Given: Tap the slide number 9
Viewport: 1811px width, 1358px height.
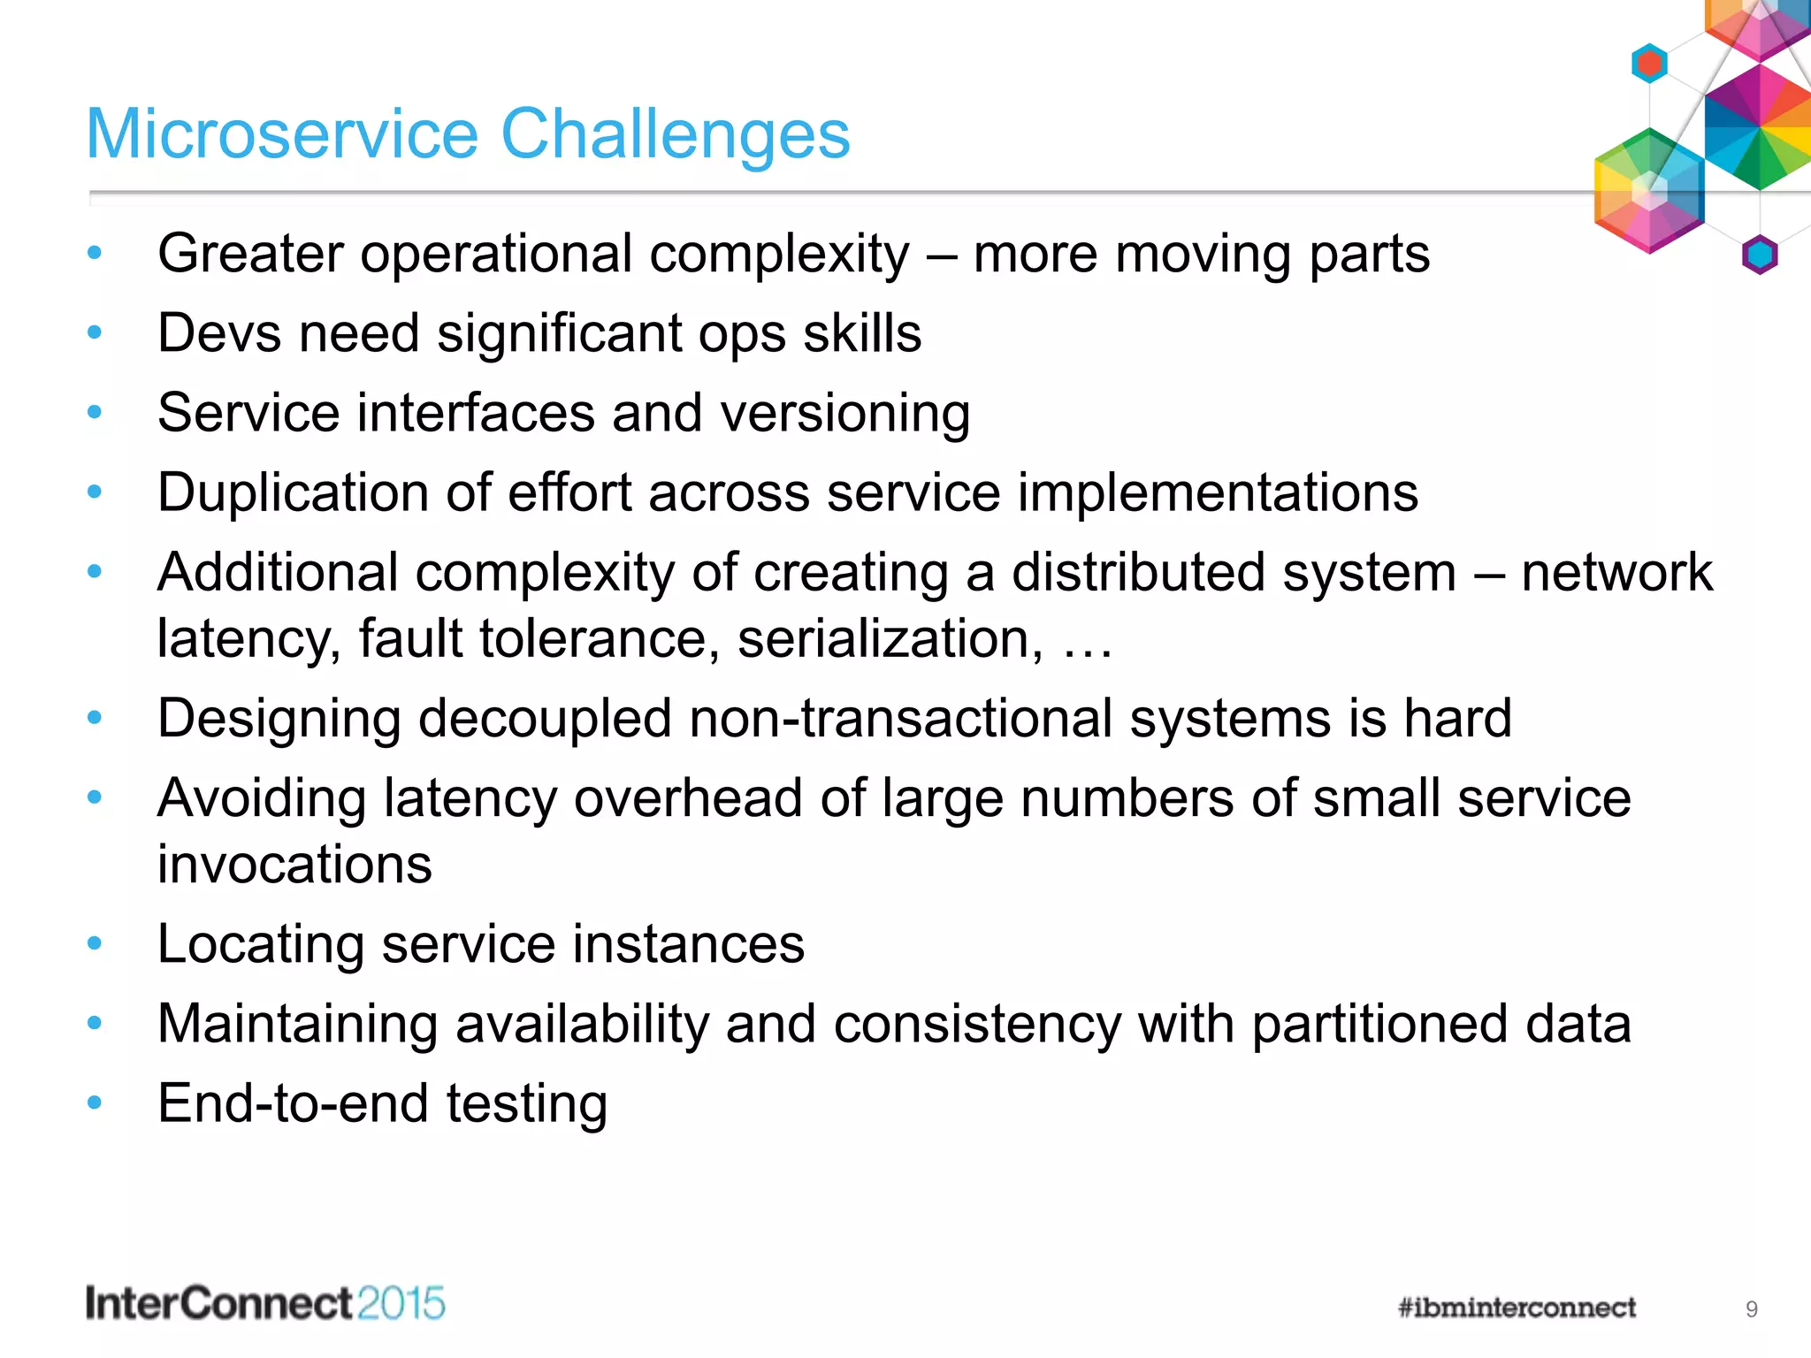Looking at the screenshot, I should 1751,1309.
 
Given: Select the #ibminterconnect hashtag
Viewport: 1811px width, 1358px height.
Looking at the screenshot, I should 1517,1308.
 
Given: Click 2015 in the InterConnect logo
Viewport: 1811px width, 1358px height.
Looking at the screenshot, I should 401,1304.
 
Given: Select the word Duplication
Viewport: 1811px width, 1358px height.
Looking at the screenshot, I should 293,493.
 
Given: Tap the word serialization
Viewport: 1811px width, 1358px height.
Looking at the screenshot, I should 890,639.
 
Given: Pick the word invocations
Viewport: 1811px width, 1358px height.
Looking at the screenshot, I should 294,865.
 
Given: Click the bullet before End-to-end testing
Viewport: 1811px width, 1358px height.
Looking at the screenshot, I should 95,1102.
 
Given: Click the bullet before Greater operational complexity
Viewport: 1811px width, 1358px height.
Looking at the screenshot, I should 95,254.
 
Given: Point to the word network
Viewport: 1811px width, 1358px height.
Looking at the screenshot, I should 1616,573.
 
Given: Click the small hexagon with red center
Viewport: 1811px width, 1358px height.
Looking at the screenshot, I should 1649,64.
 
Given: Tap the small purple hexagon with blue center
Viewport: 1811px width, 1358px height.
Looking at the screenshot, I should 1759,256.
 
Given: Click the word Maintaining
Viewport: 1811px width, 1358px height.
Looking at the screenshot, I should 298,1024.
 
